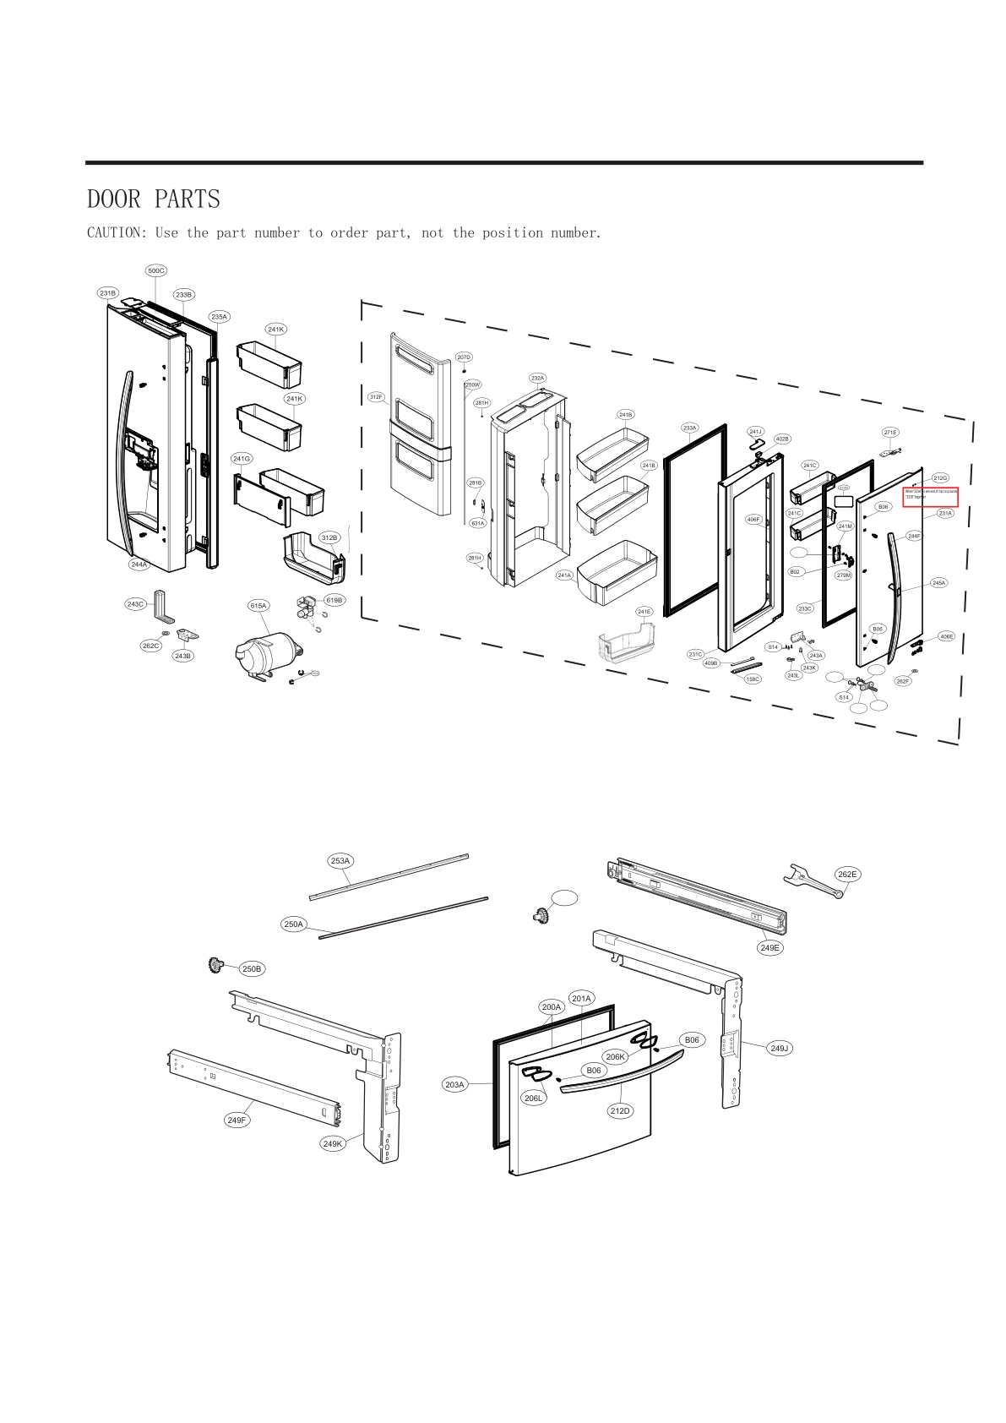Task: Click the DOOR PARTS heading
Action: pyautogui.click(x=153, y=199)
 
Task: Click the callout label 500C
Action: pyautogui.click(x=156, y=270)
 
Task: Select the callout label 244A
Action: pyautogui.click(x=138, y=564)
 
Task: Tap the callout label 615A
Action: pyautogui.click(x=258, y=606)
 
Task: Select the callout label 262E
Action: pyautogui.click(x=847, y=875)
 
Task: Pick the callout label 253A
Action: pyautogui.click(x=340, y=861)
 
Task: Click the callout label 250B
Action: pyautogui.click(x=252, y=969)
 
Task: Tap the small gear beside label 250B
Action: pyautogui.click(x=216, y=964)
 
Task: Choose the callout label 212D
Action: pyautogui.click(x=620, y=1110)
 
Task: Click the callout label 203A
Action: pyautogui.click(x=454, y=1084)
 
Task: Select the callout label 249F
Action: pyautogui.click(x=237, y=1120)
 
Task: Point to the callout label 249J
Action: pyautogui.click(x=780, y=1049)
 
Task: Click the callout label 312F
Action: pyautogui.click(x=376, y=396)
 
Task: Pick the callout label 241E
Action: pyautogui.click(x=644, y=612)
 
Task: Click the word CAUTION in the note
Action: pyautogui.click(x=113, y=232)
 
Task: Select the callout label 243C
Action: pyautogui.click(x=135, y=604)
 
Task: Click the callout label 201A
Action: pyautogui.click(x=581, y=999)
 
